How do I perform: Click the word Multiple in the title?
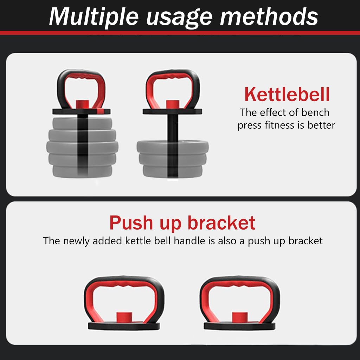(x=94, y=17)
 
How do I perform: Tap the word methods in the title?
(x=269, y=17)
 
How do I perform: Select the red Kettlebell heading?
(x=287, y=94)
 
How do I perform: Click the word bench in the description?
(x=315, y=112)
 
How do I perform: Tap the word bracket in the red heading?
(x=221, y=223)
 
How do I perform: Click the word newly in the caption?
(x=76, y=241)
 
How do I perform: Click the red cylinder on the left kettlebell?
(x=82, y=104)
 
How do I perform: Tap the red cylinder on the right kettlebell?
(x=172, y=104)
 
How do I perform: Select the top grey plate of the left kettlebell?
(x=82, y=124)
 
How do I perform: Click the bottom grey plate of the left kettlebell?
(x=82, y=171)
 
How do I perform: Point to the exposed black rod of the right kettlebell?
(x=173, y=128)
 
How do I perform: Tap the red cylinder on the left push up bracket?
(x=124, y=317)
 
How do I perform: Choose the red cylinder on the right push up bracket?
(x=240, y=317)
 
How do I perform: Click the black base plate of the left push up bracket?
(x=124, y=326)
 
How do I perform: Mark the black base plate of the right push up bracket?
(x=239, y=326)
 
